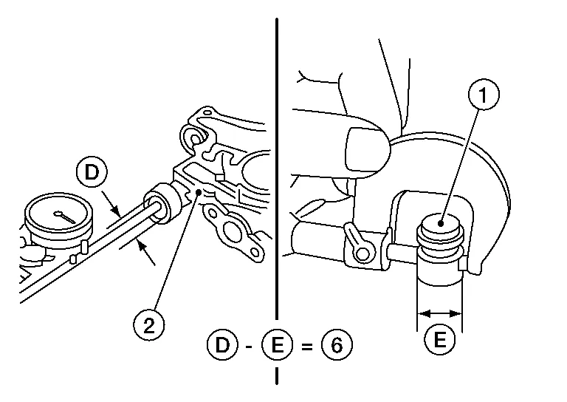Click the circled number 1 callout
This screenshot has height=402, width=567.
point(484,94)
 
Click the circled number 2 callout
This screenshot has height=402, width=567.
point(149,325)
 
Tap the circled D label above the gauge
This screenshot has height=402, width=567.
point(92,172)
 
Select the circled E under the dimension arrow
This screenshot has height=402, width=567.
point(439,339)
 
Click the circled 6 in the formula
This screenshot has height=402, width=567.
point(337,345)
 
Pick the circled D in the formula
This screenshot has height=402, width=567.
point(222,345)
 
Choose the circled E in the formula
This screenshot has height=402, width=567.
point(277,345)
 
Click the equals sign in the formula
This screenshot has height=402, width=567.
point(306,347)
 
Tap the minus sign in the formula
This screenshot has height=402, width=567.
point(249,347)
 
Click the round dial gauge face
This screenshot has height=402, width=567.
point(58,217)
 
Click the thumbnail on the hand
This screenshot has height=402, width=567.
point(365,149)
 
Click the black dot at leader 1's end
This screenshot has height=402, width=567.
point(441,224)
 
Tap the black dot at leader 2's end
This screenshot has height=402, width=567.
point(199,192)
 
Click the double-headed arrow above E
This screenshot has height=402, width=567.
point(440,313)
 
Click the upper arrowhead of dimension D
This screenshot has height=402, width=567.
point(114,210)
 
